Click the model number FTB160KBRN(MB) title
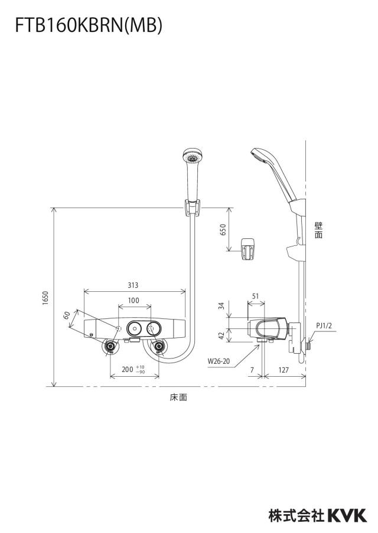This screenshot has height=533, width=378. [x=89, y=26]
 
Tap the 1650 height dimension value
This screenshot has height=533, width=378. [x=45, y=298]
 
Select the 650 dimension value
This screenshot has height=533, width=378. [x=223, y=231]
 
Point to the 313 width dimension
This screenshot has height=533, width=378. [x=133, y=285]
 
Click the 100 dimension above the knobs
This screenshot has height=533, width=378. [x=133, y=301]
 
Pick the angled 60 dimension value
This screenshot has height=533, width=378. [x=67, y=315]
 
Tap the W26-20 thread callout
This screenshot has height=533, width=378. [x=219, y=361]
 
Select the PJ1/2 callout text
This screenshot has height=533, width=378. [x=324, y=325]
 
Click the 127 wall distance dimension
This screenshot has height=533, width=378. [x=283, y=370]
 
